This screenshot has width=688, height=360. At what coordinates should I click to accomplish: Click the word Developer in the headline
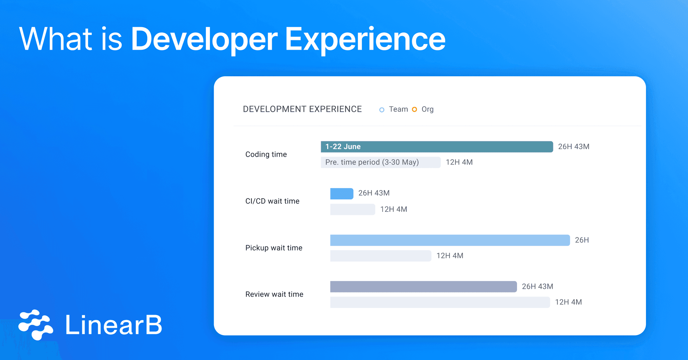pos(204,40)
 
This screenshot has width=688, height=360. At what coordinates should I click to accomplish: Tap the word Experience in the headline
pos(365,40)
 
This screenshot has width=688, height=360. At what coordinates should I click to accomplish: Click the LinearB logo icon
pos(36,324)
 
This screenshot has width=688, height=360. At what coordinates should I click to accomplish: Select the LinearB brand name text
pos(114,325)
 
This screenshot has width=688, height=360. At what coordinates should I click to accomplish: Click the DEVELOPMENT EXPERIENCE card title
pos(302,109)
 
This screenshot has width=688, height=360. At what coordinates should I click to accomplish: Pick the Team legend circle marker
pos(382,110)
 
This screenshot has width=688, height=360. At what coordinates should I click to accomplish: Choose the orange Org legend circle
pos(415,109)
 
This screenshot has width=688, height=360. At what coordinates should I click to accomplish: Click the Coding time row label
pos(266,154)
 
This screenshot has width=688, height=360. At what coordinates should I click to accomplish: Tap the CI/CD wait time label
pos(272,201)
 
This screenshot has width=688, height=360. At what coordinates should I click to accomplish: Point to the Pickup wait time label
pos(273,248)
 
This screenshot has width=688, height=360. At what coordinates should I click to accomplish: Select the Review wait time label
pos(274,294)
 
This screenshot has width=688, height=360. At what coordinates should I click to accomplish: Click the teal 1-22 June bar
pos(437,147)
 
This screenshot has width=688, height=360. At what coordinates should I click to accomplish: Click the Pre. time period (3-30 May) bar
pos(380,162)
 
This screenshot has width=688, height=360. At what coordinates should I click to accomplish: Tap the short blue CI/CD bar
pos(342,194)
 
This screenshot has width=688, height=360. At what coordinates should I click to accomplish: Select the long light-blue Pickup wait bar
pos(450,240)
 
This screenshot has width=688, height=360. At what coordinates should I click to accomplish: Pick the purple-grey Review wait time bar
pos(423,286)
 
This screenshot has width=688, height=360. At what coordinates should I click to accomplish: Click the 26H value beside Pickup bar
pos(582,240)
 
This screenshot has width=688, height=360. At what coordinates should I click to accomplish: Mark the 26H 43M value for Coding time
pos(573,147)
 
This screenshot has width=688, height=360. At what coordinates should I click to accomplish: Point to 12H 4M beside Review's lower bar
pos(568,302)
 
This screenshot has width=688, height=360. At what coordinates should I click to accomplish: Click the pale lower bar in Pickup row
pos(380,256)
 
